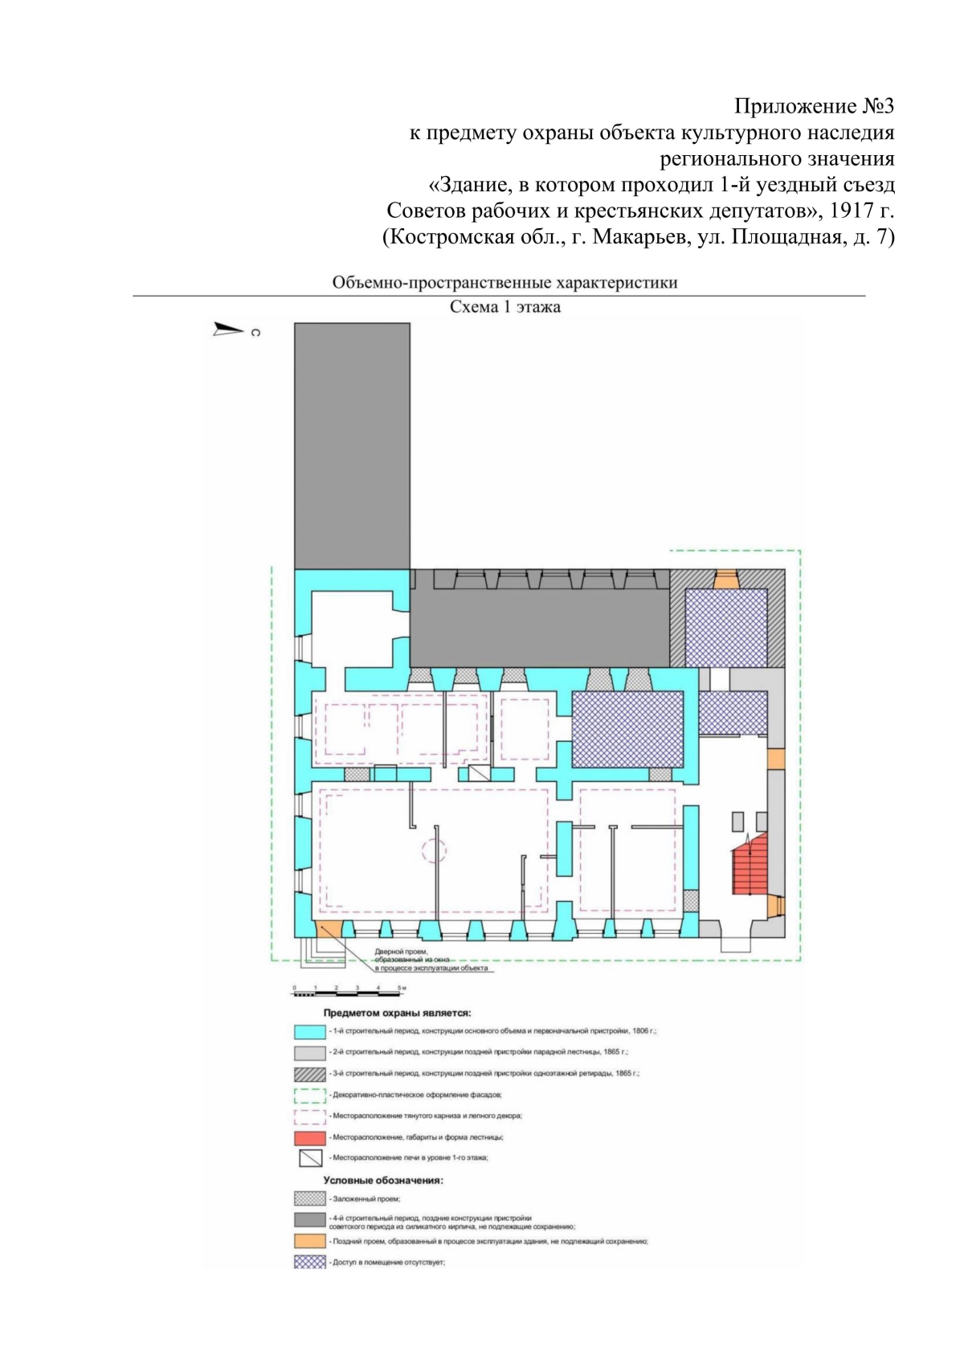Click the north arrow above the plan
click(x=228, y=329)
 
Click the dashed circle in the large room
click(x=434, y=850)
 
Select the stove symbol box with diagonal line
click(x=479, y=772)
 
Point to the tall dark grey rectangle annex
click(x=352, y=446)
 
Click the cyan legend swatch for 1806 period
click(x=309, y=1031)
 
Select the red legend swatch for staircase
click(x=309, y=1137)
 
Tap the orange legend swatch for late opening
click(x=309, y=1241)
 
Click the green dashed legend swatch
click(x=309, y=1095)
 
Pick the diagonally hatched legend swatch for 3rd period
click(x=309, y=1074)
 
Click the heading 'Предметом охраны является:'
click(x=397, y=1013)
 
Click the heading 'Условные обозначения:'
click(x=383, y=1181)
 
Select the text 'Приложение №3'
click(x=814, y=106)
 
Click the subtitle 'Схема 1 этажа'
click(x=504, y=307)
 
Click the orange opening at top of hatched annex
click(x=726, y=579)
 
